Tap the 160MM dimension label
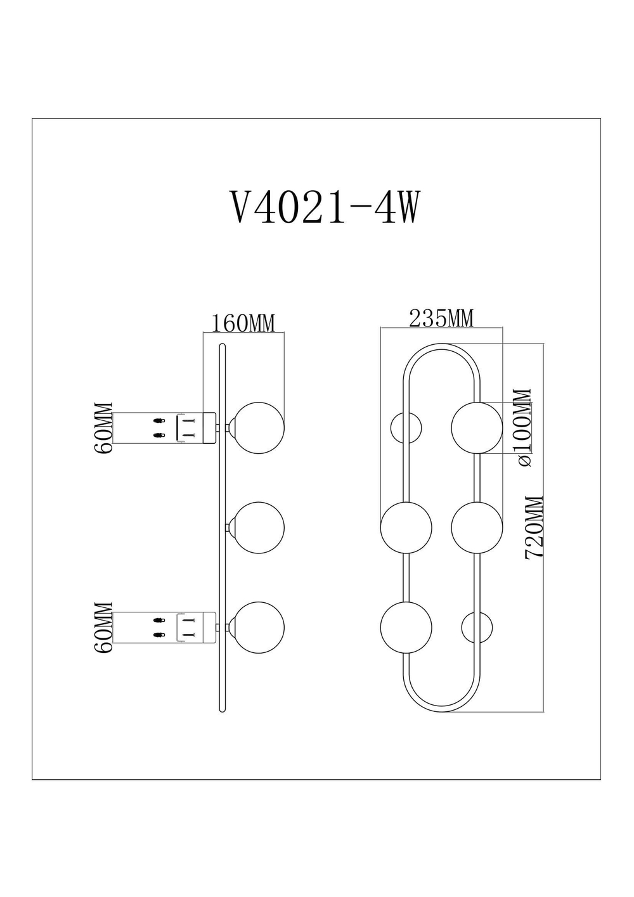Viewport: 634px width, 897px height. [243, 323]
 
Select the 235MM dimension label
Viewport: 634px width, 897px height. [441, 318]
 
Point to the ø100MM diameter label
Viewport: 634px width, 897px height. [524, 428]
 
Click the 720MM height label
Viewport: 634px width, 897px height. [534, 527]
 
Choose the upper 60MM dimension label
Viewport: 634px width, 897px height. [103, 428]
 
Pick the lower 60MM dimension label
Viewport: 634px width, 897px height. [103, 628]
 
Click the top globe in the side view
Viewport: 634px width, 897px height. [257, 428]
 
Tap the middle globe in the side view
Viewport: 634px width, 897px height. [257, 527]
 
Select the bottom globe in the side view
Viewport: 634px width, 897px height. [257, 628]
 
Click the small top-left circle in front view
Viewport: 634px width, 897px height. [406, 428]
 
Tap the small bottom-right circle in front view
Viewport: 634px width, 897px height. [477, 628]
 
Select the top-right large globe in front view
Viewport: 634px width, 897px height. [477, 428]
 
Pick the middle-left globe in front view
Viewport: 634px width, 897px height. [406, 527]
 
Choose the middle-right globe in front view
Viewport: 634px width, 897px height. [477, 527]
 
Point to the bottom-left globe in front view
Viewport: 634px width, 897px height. [406, 628]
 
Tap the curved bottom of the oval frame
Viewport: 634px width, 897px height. [442, 709]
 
